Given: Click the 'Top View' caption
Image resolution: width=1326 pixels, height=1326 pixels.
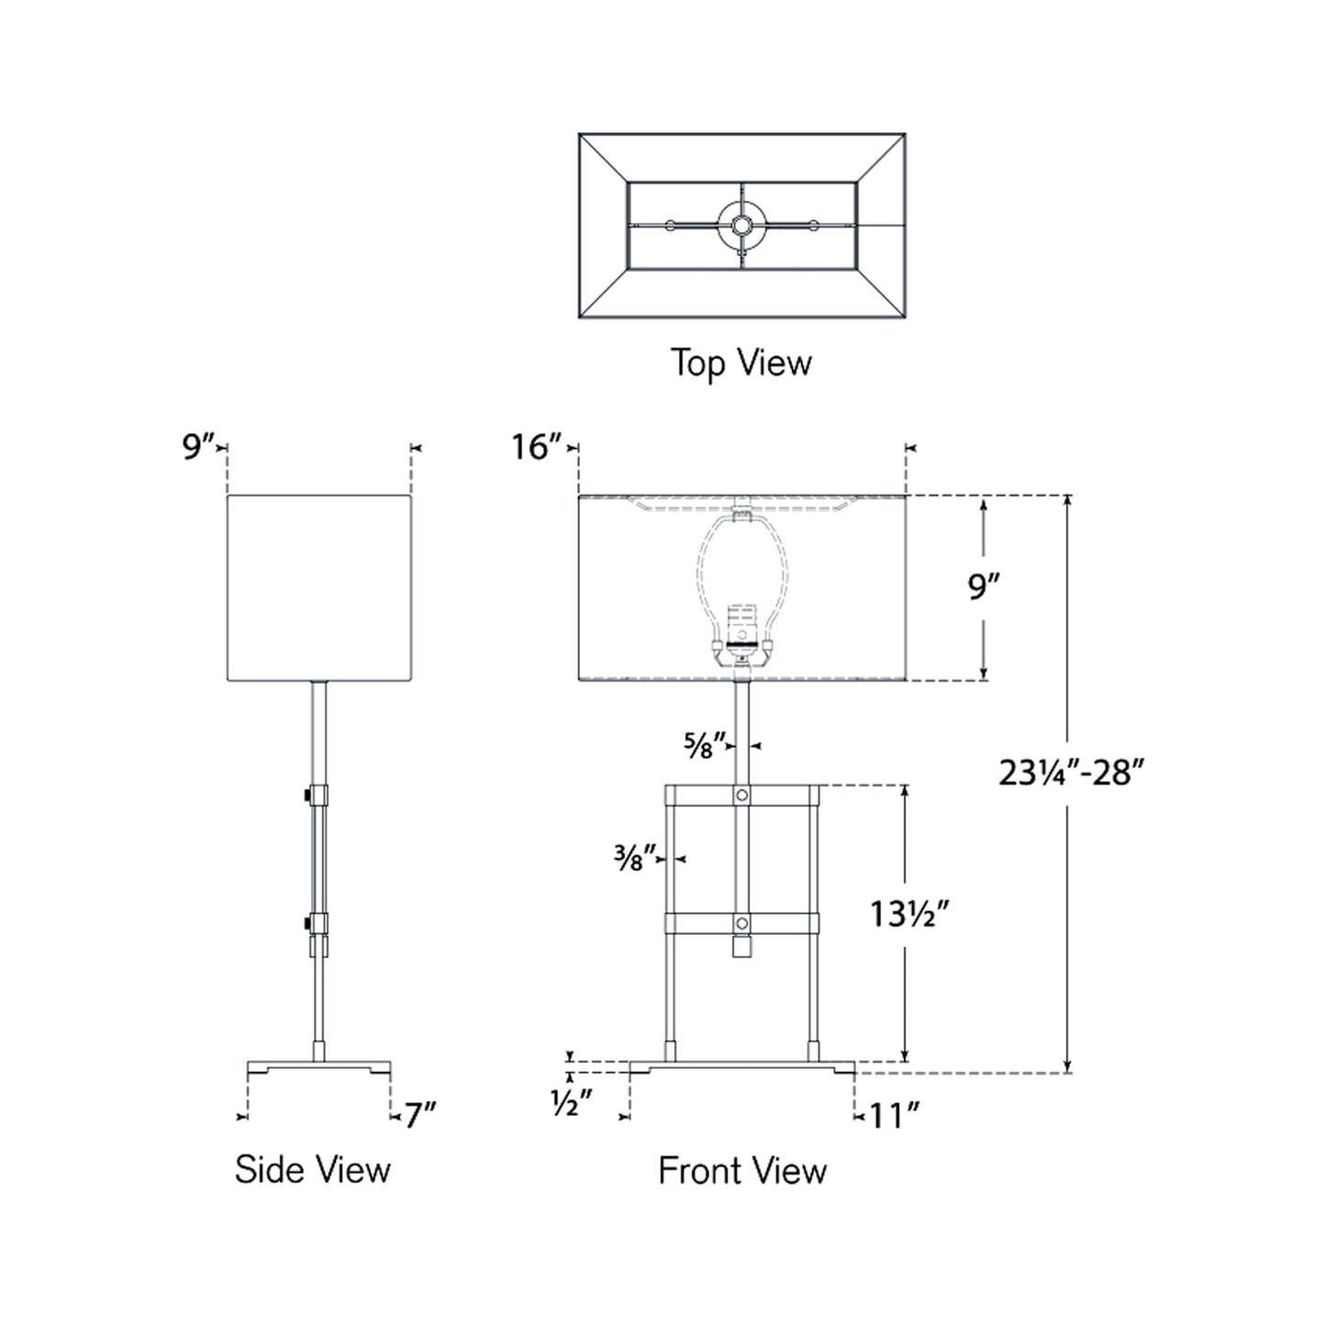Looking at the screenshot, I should coord(741,362).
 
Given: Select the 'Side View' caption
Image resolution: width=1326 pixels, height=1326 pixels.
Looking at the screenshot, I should coord(312,1169).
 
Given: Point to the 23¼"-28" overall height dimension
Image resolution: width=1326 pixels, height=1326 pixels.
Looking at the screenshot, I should coord(1071,774).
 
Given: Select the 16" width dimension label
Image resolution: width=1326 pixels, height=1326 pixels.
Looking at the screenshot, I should coord(536,447).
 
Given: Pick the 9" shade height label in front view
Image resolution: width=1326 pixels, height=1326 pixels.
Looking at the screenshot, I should coord(984,586).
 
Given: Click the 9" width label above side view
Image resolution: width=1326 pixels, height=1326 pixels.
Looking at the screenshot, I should coord(197,447).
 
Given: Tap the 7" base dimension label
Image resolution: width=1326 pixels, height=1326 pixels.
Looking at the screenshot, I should coord(419,1116).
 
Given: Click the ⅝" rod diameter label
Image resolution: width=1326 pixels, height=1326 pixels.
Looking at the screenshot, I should coord(705,745).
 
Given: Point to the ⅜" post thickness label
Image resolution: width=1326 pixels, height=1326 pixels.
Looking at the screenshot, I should coord(635,859).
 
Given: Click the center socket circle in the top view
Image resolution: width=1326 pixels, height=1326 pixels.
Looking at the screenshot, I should coord(741,223).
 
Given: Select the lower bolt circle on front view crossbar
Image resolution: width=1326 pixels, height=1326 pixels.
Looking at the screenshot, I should coord(742,922).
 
